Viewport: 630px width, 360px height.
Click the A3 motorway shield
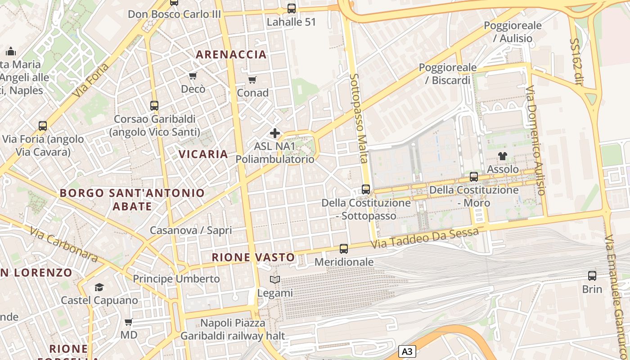tap(406, 351)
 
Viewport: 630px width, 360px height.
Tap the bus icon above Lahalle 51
tap(292, 8)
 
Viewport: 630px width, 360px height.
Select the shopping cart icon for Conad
tap(252, 80)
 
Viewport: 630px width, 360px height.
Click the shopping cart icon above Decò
tap(193, 76)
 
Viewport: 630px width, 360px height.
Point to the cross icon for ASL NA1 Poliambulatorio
tap(275, 133)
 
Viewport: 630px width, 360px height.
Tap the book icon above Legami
tap(275, 279)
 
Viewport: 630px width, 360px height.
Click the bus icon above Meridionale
tap(344, 248)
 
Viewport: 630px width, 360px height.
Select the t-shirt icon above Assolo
tap(503, 156)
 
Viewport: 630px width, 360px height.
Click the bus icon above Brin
tap(592, 275)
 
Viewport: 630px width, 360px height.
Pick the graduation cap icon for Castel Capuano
tap(99, 287)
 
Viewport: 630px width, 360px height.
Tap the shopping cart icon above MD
tap(129, 322)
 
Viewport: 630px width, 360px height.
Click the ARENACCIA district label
tap(231, 55)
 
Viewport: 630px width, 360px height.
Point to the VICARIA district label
tap(203, 154)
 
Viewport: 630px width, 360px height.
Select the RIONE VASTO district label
tap(253, 257)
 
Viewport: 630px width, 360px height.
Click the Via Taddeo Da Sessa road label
tap(425, 238)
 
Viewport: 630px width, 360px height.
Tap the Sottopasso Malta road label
tap(359, 118)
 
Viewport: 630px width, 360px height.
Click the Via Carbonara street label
tap(64, 244)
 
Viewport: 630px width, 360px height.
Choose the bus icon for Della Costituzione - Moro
tap(474, 177)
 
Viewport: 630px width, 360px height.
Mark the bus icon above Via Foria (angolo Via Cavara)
tap(43, 126)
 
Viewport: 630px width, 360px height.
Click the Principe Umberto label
tap(176, 279)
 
